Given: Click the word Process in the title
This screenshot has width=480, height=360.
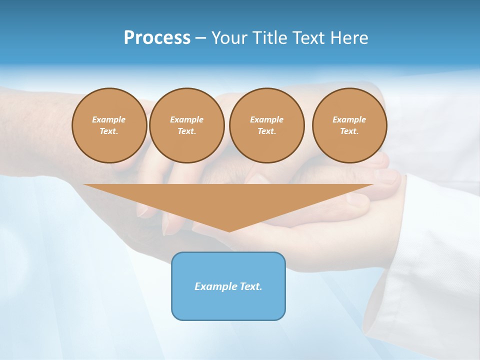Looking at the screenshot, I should (157, 38).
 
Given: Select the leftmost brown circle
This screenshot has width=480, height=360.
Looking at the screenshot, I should (109, 125).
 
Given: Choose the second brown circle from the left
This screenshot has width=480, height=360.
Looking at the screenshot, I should (186, 125).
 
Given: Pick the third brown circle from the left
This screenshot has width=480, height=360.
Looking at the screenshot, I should (266, 125).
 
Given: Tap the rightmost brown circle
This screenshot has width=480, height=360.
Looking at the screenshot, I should (349, 125).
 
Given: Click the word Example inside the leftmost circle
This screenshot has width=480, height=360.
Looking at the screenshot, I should (109, 119).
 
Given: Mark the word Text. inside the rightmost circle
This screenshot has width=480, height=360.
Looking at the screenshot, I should (349, 131).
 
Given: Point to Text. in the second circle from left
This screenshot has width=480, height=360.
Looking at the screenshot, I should (186, 131).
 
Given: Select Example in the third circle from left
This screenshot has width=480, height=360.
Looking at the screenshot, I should (266, 119).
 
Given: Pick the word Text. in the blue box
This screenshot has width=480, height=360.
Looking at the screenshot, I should (249, 286).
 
